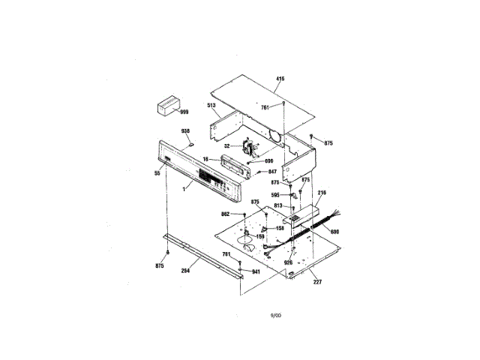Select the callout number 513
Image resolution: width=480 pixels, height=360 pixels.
(x=212, y=106)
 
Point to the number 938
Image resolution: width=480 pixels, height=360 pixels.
(x=186, y=131)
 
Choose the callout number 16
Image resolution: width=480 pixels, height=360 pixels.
(x=205, y=160)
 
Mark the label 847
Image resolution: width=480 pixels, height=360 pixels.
(x=273, y=172)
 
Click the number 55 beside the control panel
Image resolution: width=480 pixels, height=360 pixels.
(x=157, y=173)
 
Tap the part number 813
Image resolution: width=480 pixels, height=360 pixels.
(x=278, y=205)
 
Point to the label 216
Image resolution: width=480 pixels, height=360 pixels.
(x=322, y=193)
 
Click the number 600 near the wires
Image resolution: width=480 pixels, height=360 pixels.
(x=334, y=232)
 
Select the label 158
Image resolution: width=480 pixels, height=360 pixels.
(x=280, y=228)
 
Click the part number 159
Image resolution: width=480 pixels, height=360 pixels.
(x=261, y=237)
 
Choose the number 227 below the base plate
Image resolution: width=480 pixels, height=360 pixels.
(x=317, y=283)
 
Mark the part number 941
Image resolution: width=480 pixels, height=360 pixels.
(x=256, y=271)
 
